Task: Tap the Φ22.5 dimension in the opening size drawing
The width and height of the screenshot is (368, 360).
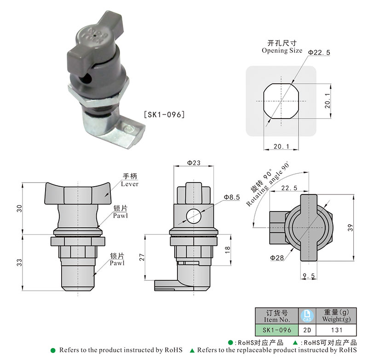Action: tap(319, 53)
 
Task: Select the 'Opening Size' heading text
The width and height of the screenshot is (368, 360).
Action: tap(282, 51)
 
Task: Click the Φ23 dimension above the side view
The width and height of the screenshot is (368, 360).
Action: tap(194, 162)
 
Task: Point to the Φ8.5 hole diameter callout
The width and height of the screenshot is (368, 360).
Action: tap(232, 197)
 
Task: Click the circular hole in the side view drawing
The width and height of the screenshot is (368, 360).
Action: tap(194, 216)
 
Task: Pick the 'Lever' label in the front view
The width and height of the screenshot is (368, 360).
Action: tap(130, 183)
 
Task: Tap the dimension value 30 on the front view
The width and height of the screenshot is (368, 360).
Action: tap(19, 208)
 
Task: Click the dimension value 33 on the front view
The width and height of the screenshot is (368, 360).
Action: tap(19, 263)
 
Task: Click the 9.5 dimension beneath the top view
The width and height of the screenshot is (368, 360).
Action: tap(309, 276)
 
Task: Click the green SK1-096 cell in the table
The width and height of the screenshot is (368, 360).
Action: tap(276, 330)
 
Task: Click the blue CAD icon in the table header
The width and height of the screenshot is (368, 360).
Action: tap(306, 315)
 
